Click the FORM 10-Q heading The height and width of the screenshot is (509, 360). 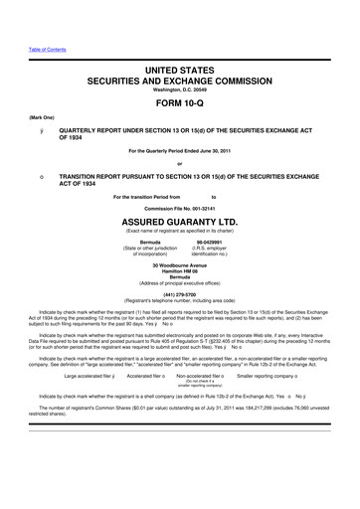click(x=179, y=100)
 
